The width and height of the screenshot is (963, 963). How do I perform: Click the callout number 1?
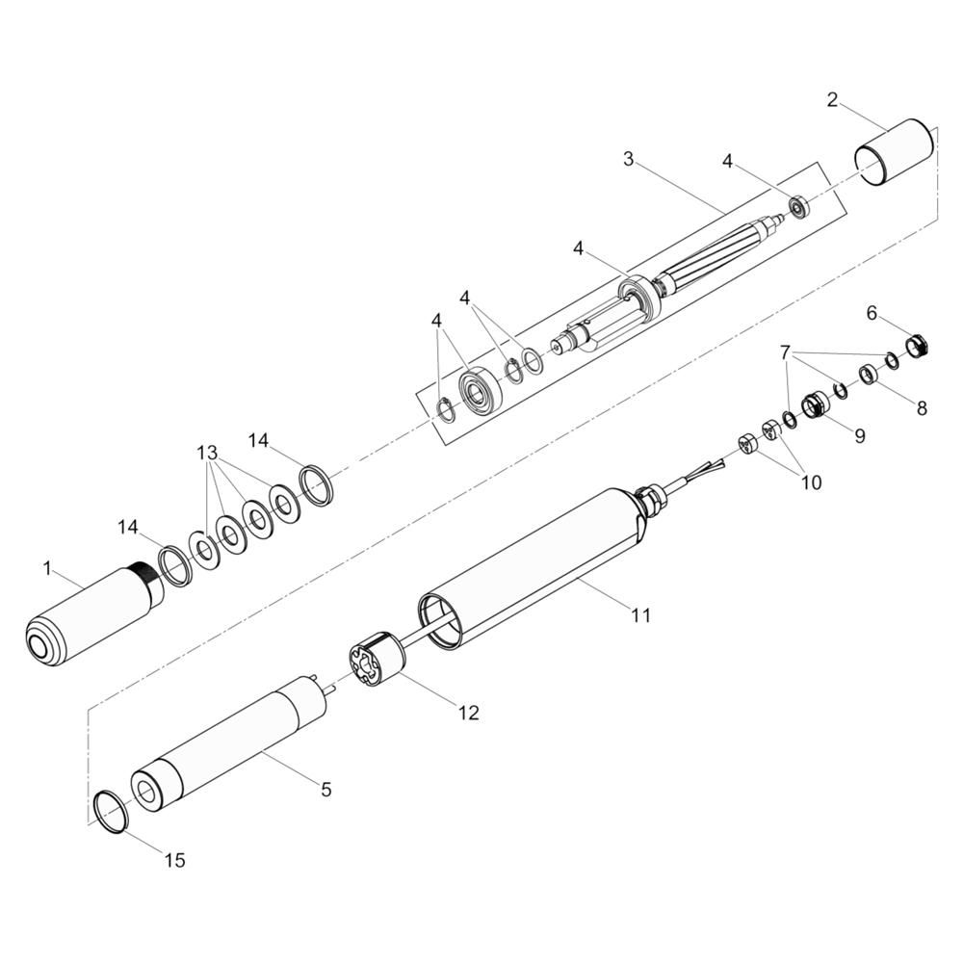pyautogui.click(x=47, y=569)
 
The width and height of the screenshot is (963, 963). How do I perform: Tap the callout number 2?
pyautogui.click(x=832, y=100)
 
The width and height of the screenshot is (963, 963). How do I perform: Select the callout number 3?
pyautogui.click(x=628, y=159)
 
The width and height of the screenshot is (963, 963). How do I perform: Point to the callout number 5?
pyautogui.click(x=326, y=790)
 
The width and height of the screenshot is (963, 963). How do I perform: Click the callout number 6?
pyautogui.click(x=872, y=313)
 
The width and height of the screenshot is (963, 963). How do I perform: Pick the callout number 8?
pyautogui.click(x=922, y=407)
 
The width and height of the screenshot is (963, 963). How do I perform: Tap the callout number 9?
pyautogui.click(x=860, y=435)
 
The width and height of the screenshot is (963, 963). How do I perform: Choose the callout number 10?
pyautogui.click(x=811, y=482)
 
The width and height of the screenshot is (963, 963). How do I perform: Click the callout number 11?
pyautogui.click(x=640, y=614)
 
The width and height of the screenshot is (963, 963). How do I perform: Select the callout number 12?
pyautogui.click(x=469, y=713)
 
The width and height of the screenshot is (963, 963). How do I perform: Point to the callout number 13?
pyautogui.click(x=207, y=454)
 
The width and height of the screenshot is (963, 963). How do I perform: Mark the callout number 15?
pyautogui.click(x=175, y=860)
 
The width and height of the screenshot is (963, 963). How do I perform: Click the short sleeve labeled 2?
pyautogui.click(x=895, y=152)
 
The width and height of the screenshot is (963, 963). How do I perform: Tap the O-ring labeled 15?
pyautogui.click(x=112, y=811)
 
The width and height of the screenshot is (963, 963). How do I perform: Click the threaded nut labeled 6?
pyautogui.click(x=917, y=345)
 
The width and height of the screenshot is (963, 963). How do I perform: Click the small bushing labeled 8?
pyautogui.click(x=868, y=374)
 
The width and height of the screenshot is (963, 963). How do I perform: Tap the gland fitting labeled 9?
pyautogui.click(x=815, y=405)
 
